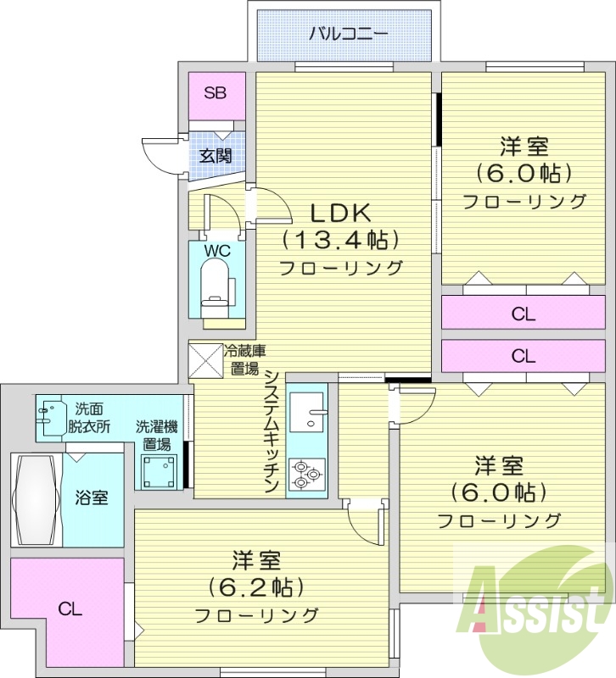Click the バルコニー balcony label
coord(348,35)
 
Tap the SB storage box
coord(215,94)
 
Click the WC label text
coord(217,251)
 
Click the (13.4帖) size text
coord(339,240)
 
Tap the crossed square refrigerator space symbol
coord(204,358)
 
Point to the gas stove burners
coord(305,475)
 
